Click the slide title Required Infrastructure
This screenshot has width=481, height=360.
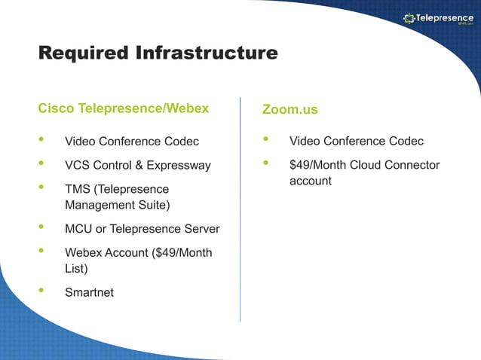pyautogui.click(x=158, y=53)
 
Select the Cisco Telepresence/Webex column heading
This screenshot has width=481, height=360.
pyautogui.click(x=123, y=108)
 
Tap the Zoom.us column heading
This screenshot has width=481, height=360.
pyautogui.click(x=290, y=109)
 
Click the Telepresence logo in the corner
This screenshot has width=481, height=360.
pyautogui.click(x=438, y=18)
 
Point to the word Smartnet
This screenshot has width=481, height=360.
pyautogui.click(x=89, y=292)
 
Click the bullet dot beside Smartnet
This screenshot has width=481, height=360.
pyautogui.click(x=41, y=291)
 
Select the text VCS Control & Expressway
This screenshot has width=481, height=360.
pyautogui.click(x=138, y=165)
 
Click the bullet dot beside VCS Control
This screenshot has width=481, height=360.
pyautogui.click(x=41, y=163)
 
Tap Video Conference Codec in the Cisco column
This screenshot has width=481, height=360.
pyautogui.click(x=132, y=142)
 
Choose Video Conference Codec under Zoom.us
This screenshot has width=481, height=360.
pyautogui.click(x=356, y=141)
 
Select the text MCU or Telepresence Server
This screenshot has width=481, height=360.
pyautogui.click(x=142, y=229)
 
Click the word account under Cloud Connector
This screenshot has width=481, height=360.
pyautogui.click(x=310, y=182)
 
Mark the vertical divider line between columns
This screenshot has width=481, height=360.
pyautogui.click(x=240, y=211)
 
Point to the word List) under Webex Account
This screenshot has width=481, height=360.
pyautogui.click(x=76, y=268)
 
